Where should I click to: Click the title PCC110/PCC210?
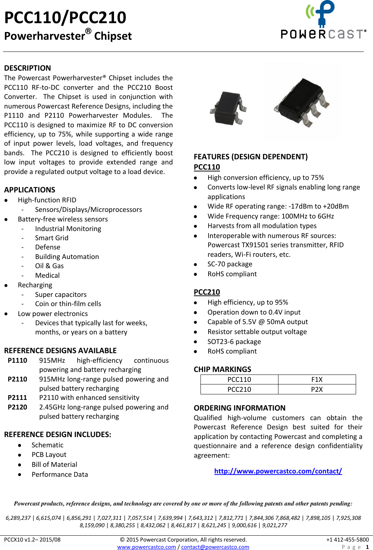[x=65, y=17]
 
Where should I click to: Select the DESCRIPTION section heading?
[x=28, y=68]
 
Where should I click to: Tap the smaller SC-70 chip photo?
[x=228, y=108]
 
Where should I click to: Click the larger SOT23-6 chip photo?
[x=301, y=103]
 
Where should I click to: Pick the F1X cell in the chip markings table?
[x=317, y=380]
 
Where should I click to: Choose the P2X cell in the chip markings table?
[x=317, y=389]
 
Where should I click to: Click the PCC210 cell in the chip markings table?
[x=239, y=389]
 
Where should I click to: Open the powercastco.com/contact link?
[x=278, y=471]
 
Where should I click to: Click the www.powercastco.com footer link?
[x=146, y=547]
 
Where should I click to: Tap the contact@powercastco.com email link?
[x=215, y=547]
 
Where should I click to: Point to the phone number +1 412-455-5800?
[x=347, y=540]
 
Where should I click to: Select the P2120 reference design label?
[x=17, y=407]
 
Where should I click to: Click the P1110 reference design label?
[x=17, y=361]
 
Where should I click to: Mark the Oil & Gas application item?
[x=49, y=266]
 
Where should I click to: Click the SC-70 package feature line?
[x=230, y=264]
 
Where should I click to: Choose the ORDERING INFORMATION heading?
[x=239, y=408]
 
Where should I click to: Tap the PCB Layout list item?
[x=49, y=455]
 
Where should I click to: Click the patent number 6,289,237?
[x=18, y=518]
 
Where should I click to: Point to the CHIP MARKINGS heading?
[x=223, y=369]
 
